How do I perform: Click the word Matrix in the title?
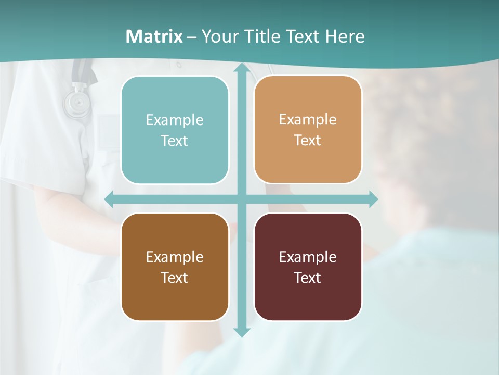[154, 36]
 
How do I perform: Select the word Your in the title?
[218, 36]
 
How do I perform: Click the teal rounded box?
[175, 130]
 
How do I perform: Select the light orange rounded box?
[308, 130]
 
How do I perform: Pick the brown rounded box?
[175, 267]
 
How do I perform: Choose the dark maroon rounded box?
[308, 267]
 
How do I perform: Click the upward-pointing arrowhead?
[241, 68]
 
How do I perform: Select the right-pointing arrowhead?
[373, 199]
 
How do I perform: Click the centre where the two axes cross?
[241, 199]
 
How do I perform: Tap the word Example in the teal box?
[175, 120]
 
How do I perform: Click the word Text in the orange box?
[308, 141]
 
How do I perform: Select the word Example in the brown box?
[175, 257]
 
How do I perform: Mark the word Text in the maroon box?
[308, 278]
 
